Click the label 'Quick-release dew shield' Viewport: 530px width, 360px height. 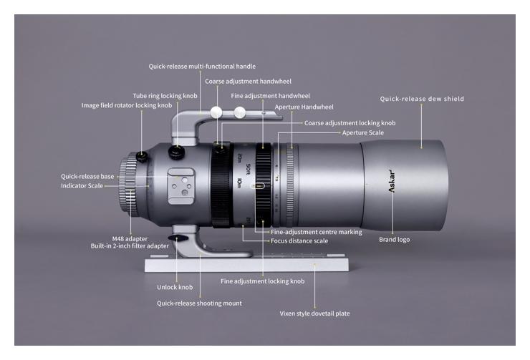pos(422,99)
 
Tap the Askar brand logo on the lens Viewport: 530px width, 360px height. pos(392,181)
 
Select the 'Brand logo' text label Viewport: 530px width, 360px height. pos(394,240)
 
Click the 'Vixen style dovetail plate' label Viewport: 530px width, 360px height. pos(314,313)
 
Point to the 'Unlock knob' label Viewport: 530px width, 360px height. pos(175,287)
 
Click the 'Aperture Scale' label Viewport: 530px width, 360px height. pos(362,132)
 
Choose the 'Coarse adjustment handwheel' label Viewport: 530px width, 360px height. pos(248,81)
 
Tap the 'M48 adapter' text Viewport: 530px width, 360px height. pos(130,239)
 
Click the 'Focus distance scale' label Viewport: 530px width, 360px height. pos(299,240)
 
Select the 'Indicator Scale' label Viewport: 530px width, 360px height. pos(82,186)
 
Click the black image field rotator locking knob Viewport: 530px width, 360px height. pos(142,156)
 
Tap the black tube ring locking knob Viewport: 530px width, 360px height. pos(176,152)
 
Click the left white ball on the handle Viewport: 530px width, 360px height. pos(216,112)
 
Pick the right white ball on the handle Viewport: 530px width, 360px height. pos(240,112)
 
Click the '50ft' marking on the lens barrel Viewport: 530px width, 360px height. pos(248,170)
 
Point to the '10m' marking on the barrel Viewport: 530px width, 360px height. pos(239,183)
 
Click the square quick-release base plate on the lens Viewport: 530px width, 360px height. pos(181,186)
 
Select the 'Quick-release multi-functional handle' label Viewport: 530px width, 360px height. pos(202,66)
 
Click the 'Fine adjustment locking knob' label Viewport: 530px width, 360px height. pos(263,281)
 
